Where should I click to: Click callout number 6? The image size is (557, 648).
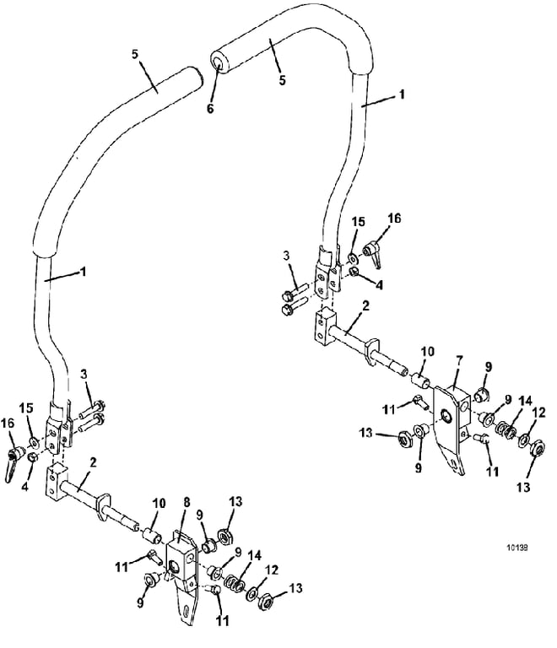210,108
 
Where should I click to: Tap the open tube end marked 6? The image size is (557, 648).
218,62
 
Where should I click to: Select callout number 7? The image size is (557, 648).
459,361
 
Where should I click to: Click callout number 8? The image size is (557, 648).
187,503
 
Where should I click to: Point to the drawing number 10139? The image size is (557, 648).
517,548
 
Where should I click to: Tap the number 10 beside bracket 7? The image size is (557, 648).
427,352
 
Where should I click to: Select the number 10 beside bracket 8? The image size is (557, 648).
159,504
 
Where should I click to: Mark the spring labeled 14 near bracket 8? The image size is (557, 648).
234,584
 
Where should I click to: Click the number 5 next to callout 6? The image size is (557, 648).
282,80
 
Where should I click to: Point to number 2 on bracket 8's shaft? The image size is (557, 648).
93,462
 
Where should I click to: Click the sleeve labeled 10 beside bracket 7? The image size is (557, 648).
419,381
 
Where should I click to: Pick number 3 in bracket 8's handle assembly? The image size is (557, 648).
84,375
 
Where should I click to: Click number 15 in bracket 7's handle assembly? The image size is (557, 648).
358,222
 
